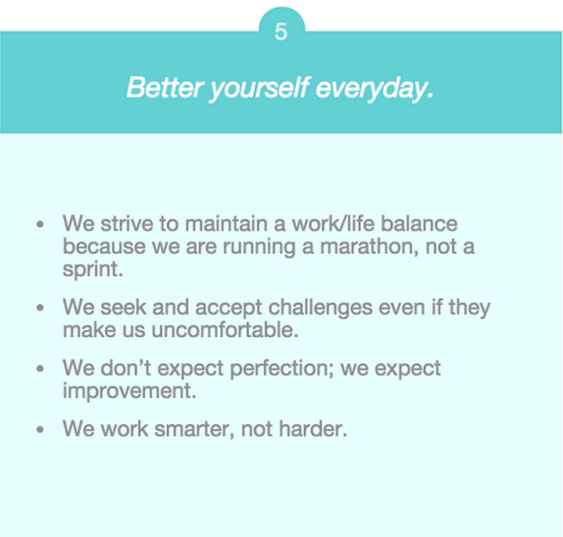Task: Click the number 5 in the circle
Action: (x=281, y=31)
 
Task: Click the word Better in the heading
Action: (x=166, y=87)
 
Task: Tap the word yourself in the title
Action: (x=259, y=88)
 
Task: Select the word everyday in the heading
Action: (x=374, y=88)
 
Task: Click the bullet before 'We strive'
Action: (x=40, y=224)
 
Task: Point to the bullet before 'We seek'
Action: (x=40, y=308)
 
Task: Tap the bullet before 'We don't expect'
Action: (x=40, y=368)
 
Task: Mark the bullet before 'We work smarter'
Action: (x=40, y=429)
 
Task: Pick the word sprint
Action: (x=92, y=269)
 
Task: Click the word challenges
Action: (x=321, y=308)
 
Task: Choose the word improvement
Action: (x=129, y=391)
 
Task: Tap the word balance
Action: (x=419, y=223)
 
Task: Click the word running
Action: (x=259, y=247)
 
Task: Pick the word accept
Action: (x=229, y=308)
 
